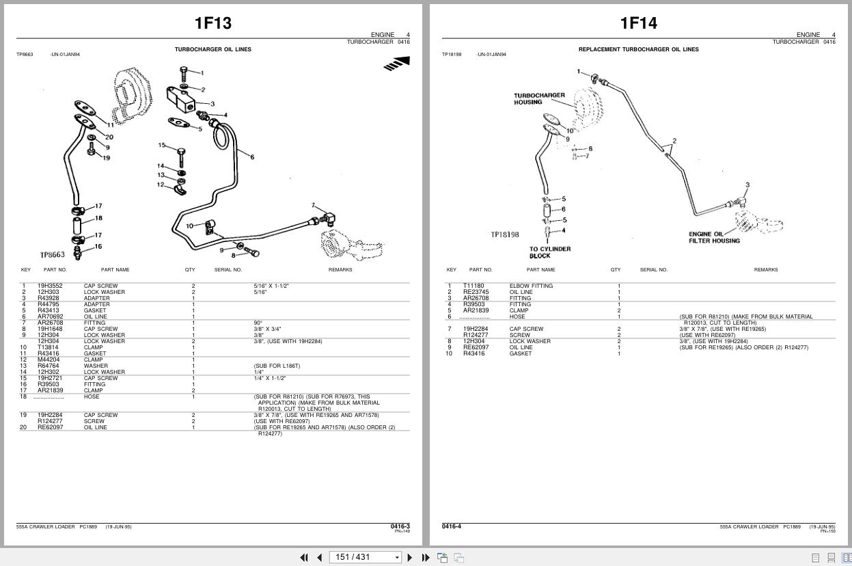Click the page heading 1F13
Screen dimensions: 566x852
pos(213,23)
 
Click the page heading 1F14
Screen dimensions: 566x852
pos(638,23)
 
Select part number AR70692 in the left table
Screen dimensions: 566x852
pos(50,316)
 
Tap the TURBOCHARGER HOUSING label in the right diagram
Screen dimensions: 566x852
pos(539,99)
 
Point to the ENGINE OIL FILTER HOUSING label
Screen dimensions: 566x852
pos(713,237)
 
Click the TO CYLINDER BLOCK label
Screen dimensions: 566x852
pos(549,252)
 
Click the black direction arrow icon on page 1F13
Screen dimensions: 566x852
pos(397,64)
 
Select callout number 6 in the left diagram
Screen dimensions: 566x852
pos(252,157)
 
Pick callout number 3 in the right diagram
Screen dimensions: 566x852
pos(747,185)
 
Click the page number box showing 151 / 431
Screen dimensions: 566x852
pos(364,557)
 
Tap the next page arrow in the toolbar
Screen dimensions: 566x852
pos(410,557)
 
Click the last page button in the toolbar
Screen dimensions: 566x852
pos(426,557)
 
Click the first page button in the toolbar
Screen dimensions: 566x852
pos(304,557)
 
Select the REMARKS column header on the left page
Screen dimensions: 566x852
pos(340,269)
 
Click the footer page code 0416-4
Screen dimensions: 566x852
pos(451,526)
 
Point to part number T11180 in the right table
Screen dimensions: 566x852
pos(473,286)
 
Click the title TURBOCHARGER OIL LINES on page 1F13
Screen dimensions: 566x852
pos(212,49)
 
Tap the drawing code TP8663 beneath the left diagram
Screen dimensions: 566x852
pos(52,255)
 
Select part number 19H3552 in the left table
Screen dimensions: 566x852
pos(50,286)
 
